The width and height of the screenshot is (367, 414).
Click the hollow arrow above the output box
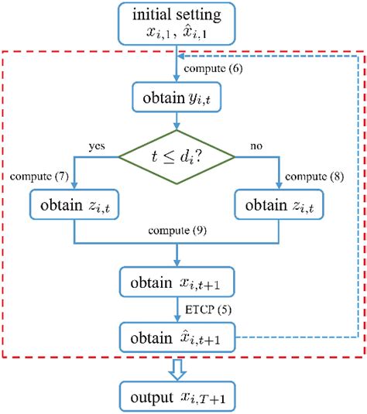pos(178,366)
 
